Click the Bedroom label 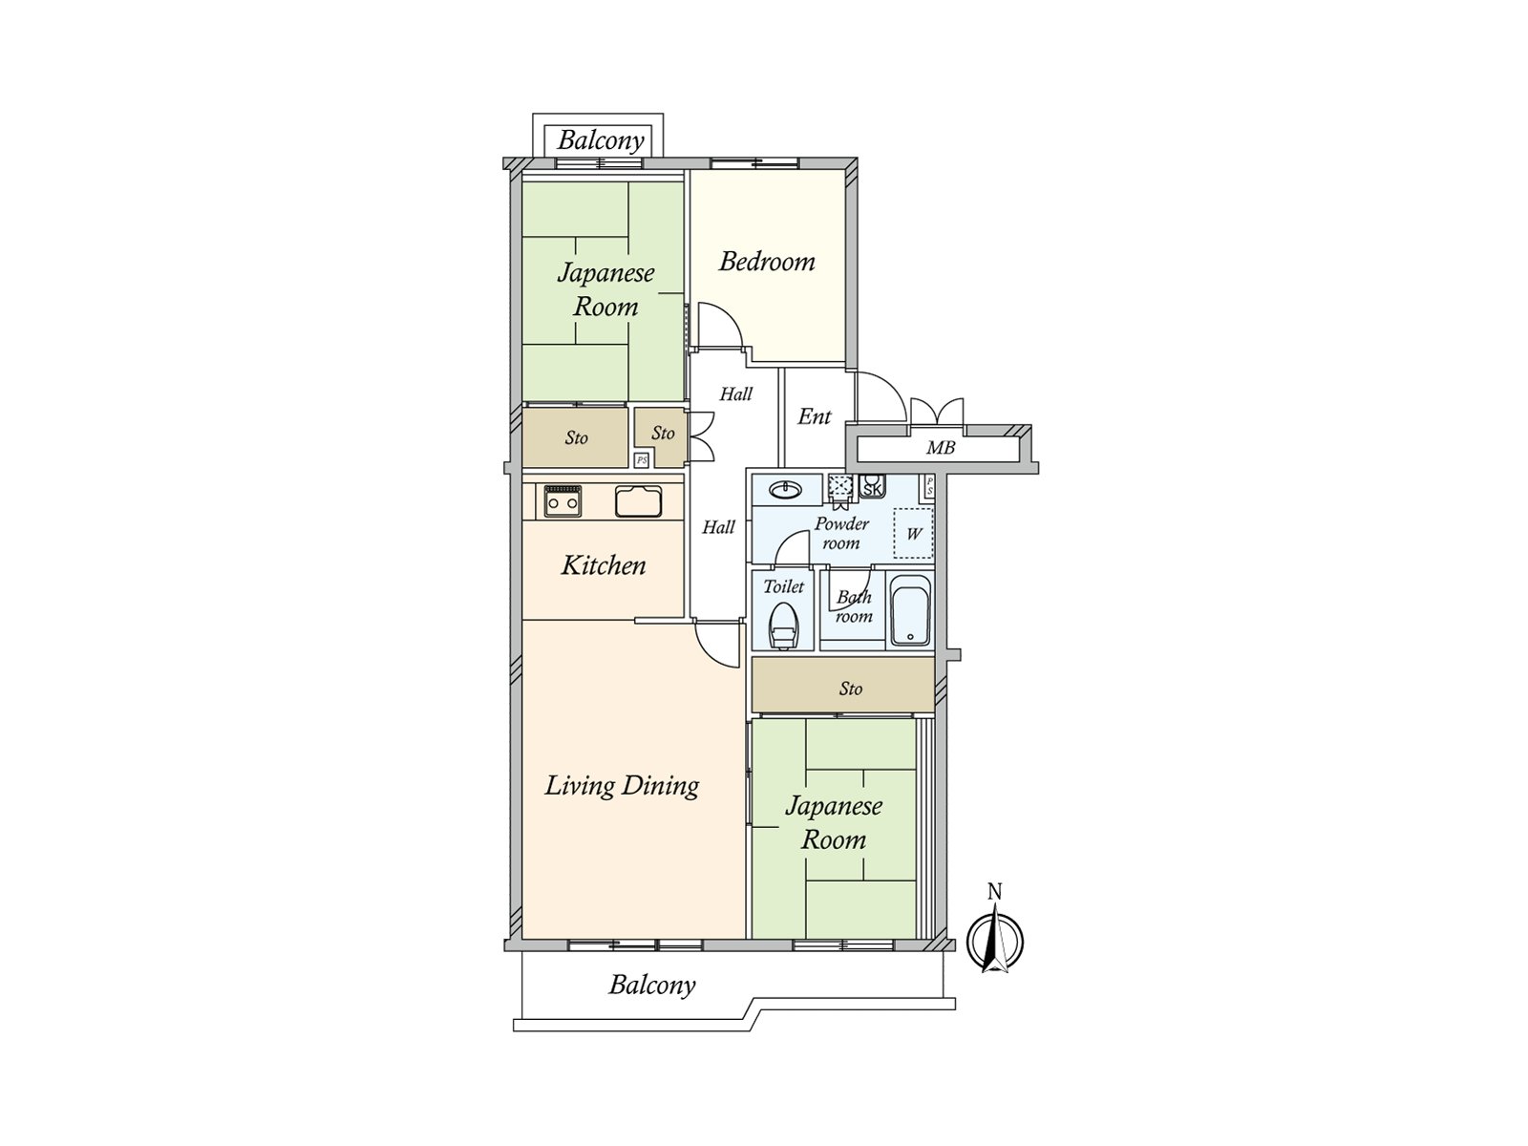767,262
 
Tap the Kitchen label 603,565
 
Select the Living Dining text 622,786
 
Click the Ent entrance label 814,416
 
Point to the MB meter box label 940,447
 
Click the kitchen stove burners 563,501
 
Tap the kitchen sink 638,501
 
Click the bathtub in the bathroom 910,610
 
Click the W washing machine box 913,534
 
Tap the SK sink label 872,490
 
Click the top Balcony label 600,140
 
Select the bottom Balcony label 651,986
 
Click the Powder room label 841,533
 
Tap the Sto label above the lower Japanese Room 850,689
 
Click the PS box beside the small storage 642,460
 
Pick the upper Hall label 735,394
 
